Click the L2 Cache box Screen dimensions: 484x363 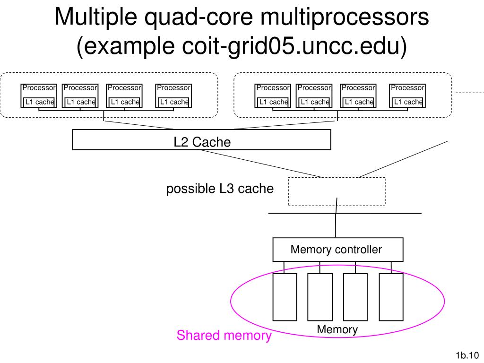201,139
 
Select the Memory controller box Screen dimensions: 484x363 337,250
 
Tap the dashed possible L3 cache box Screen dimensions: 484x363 337,178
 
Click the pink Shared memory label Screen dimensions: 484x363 224,335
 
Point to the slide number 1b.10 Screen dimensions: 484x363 467,355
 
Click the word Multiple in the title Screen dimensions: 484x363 95,17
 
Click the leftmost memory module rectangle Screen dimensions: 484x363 285,297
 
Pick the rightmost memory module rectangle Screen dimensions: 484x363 391,297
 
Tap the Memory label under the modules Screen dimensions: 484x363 337,329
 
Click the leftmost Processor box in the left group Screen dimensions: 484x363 39,95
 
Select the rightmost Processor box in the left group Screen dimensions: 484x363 173,95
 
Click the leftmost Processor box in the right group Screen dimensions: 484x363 273,95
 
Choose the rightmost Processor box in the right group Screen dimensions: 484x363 407,95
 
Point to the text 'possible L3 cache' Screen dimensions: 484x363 220,189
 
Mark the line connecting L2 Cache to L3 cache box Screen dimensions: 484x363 260,164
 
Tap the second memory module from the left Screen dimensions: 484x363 320,297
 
